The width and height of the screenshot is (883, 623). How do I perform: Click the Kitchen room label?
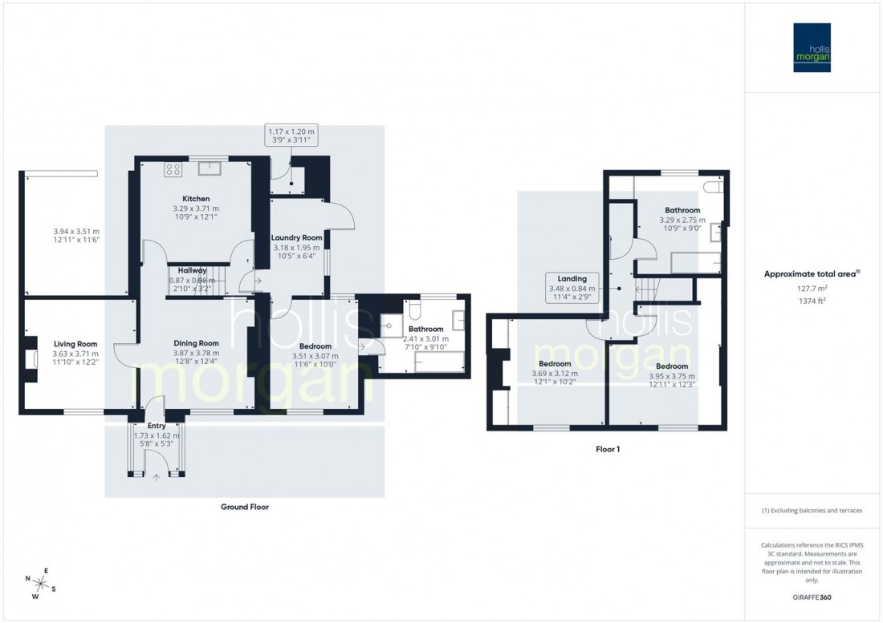tap(196, 199)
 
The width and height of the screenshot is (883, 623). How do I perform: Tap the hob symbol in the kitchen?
tap(172, 168)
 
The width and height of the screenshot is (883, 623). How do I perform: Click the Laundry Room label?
tap(296, 238)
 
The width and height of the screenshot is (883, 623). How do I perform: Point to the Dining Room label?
tap(196, 343)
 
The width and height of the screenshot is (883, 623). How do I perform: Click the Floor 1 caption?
tap(607, 450)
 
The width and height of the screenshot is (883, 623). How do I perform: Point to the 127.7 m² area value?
tap(812, 289)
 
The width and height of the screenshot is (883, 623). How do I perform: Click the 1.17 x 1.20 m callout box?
tap(293, 136)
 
